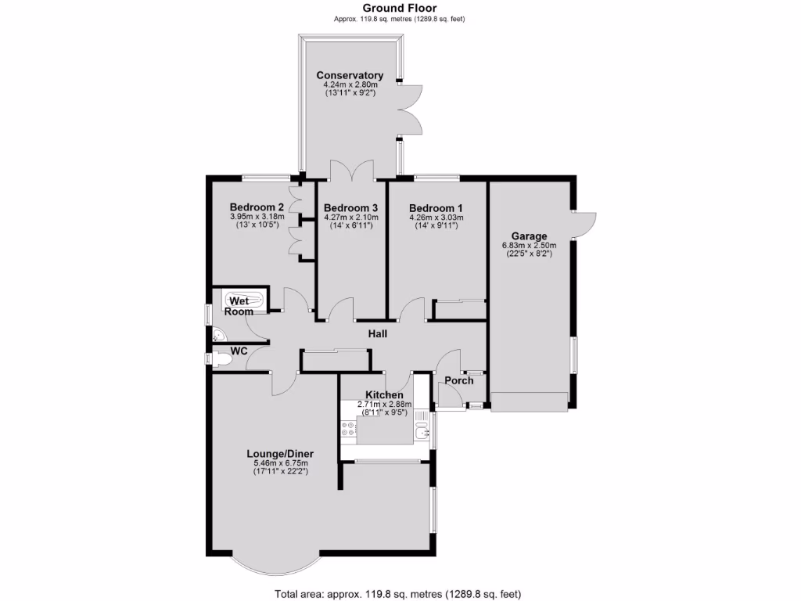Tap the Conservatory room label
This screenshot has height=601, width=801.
[x=350, y=75]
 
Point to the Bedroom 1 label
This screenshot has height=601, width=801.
[x=436, y=207]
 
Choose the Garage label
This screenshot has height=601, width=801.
[x=529, y=236]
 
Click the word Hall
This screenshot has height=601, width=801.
[x=379, y=334]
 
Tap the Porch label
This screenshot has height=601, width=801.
[x=458, y=381]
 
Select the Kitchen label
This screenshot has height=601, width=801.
[x=384, y=395]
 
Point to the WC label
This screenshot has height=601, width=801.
[x=239, y=351]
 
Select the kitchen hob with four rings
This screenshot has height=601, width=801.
[x=348, y=429]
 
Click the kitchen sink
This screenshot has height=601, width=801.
[x=422, y=431]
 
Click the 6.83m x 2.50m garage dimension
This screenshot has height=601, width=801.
[x=529, y=245]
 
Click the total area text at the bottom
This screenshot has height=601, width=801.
[x=397, y=593]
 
